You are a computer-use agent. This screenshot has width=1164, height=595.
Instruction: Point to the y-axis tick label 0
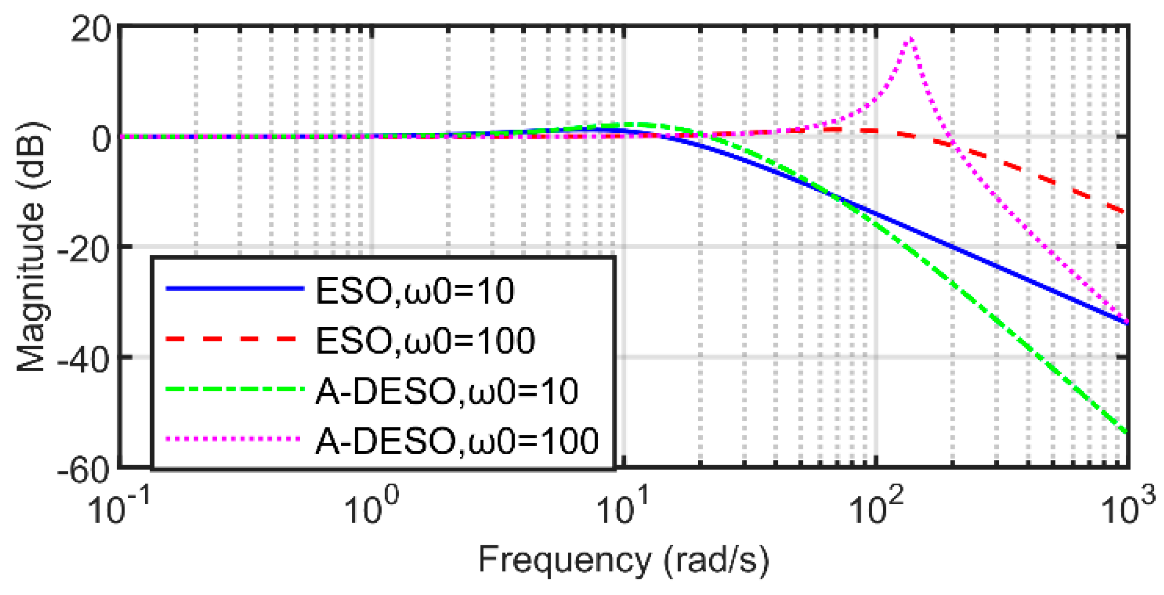click(102, 139)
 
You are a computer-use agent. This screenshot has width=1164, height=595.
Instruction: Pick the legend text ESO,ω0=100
click(425, 341)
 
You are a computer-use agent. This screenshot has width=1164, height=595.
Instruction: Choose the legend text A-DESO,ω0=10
click(446, 391)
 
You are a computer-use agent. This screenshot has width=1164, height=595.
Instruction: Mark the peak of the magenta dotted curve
click(910, 39)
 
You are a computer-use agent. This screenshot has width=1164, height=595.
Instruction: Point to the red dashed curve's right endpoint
click(1125, 212)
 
